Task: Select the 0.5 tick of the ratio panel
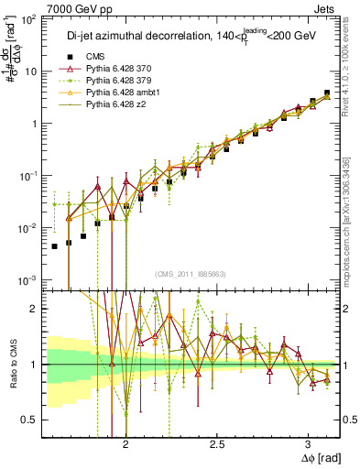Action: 34,420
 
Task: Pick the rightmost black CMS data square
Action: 326,93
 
